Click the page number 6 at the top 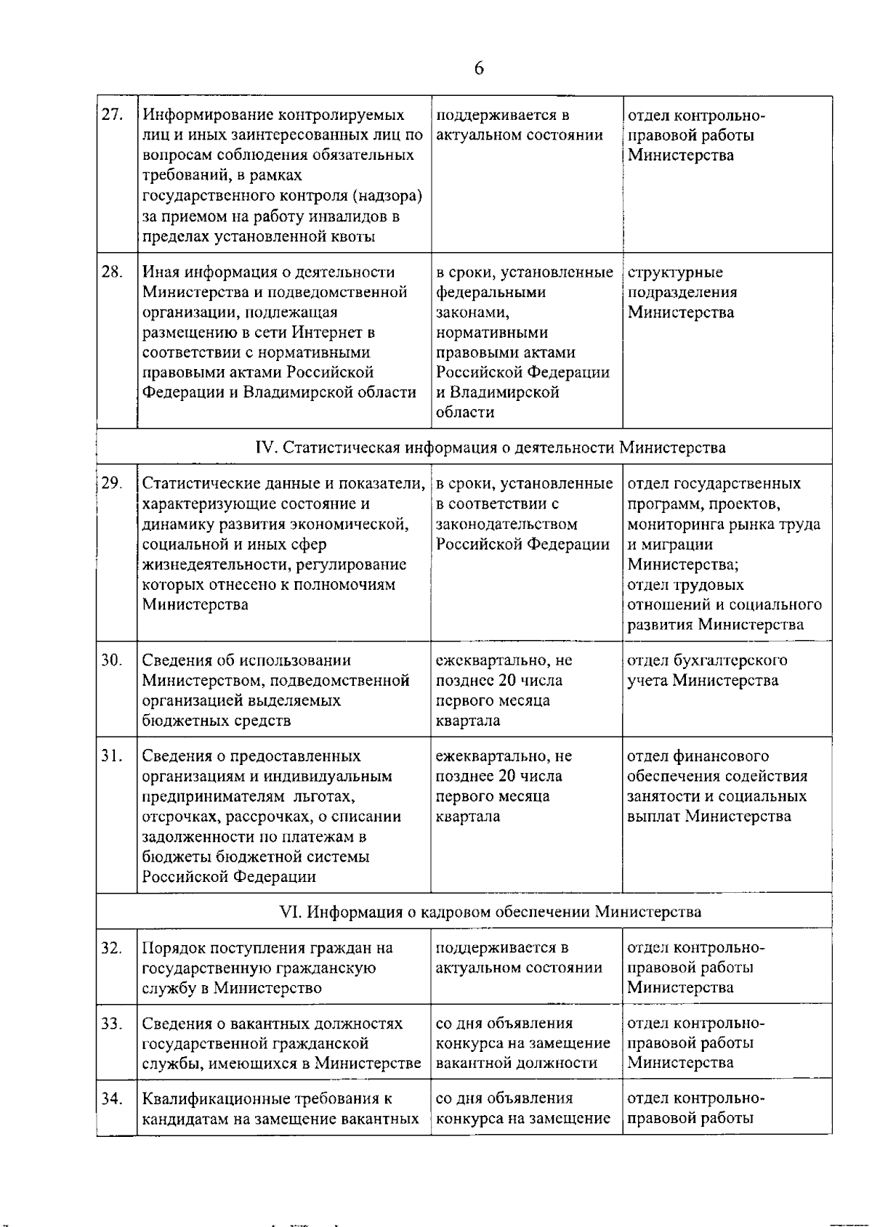tap(479, 68)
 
